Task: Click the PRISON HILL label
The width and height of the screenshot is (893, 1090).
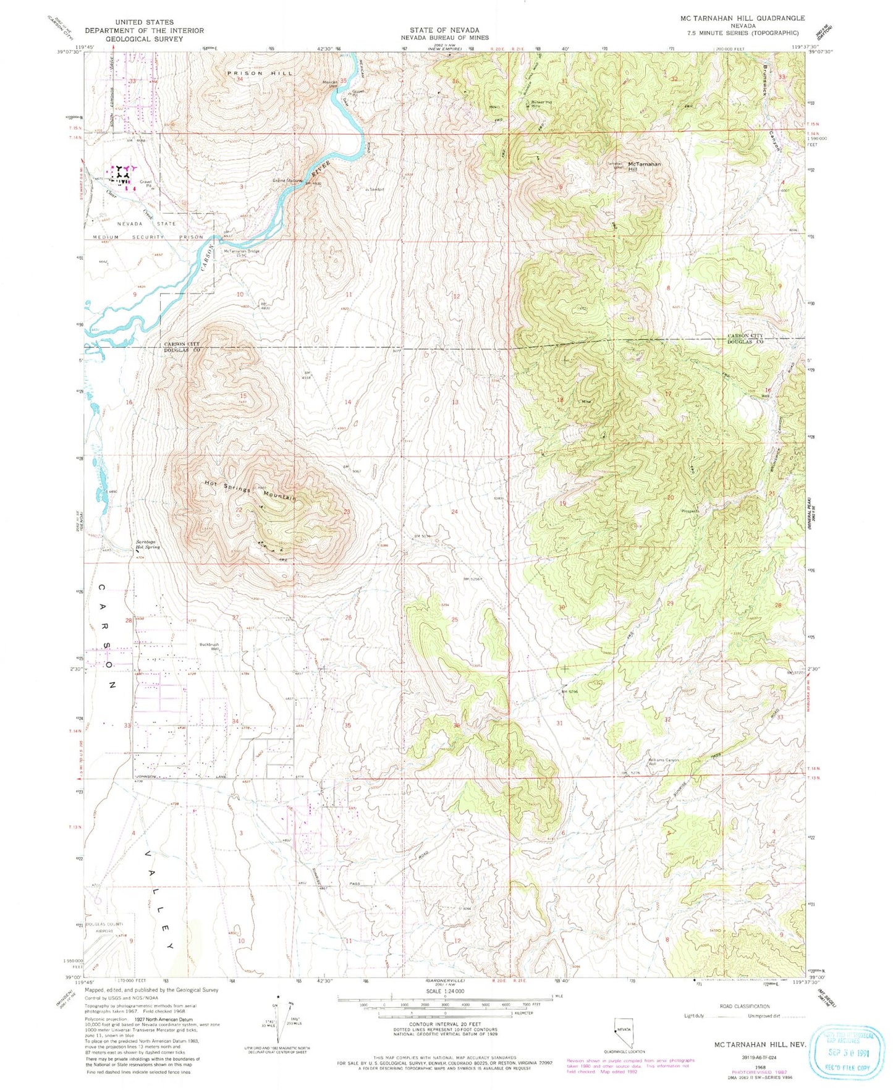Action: coord(260,73)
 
